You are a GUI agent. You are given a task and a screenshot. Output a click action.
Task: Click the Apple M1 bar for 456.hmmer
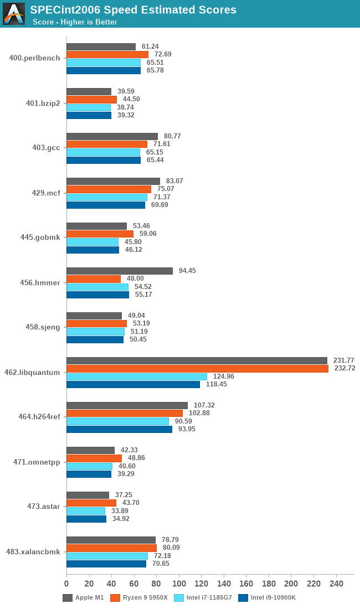(x=120, y=271)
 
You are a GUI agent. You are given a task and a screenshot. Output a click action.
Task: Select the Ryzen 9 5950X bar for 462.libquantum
(x=197, y=368)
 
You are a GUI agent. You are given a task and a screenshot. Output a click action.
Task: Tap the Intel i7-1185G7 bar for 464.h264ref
(x=117, y=421)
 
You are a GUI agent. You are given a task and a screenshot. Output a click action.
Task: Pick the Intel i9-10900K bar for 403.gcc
(x=104, y=160)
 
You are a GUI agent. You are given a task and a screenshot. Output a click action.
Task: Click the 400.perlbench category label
(x=34, y=58)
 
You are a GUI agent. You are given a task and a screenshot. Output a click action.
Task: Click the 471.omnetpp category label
(x=37, y=462)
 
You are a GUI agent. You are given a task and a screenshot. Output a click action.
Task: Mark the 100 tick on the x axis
(x=179, y=584)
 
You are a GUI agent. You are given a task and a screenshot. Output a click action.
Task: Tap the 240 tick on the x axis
(x=336, y=584)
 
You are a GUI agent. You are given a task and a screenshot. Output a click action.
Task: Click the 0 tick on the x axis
(x=66, y=584)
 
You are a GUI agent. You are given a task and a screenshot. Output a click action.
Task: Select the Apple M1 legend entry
(x=83, y=597)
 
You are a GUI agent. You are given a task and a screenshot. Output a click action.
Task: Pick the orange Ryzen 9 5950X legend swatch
(x=115, y=597)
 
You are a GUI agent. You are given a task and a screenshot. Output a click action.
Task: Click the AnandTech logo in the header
(x=14, y=14)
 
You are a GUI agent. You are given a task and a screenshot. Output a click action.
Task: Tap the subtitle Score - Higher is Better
(x=75, y=22)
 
